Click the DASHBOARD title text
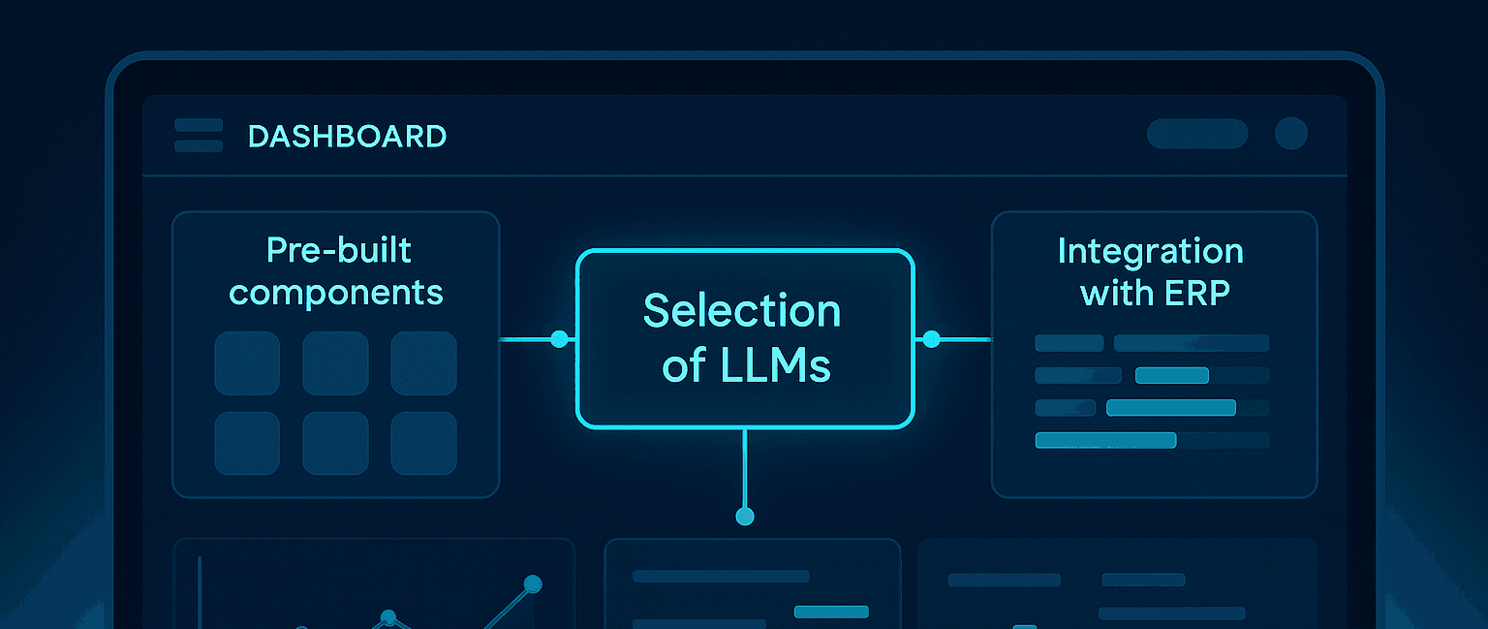click(x=347, y=137)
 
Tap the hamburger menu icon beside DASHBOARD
click(x=199, y=136)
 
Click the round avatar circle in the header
click(x=1290, y=134)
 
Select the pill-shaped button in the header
click(x=1196, y=134)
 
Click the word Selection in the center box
click(x=742, y=311)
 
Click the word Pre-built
click(x=338, y=251)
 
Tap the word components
click(x=336, y=292)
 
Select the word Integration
click(x=1150, y=251)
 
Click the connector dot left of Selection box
click(x=559, y=339)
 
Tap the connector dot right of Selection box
click(x=931, y=339)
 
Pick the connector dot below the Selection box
click(x=744, y=517)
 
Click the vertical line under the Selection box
click(x=744, y=470)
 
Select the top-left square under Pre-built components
click(x=247, y=363)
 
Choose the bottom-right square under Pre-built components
click(x=423, y=444)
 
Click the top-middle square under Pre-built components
click(x=335, y=363)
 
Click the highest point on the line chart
click(x=532, y=584)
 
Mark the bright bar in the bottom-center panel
click(x=831, y=612)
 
